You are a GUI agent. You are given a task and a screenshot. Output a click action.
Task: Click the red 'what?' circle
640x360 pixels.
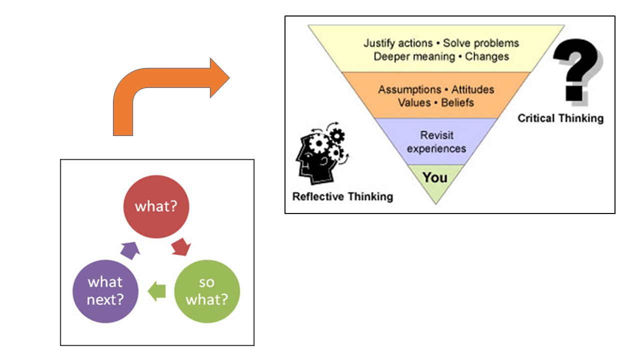[x=156, y=206]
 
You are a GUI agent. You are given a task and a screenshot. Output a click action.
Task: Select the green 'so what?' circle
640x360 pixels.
[x=206, y=291]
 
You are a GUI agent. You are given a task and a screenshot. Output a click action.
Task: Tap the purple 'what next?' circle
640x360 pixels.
[x=105, y=291]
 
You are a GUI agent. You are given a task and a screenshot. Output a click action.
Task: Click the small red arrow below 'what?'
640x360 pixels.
[x=181, y=247]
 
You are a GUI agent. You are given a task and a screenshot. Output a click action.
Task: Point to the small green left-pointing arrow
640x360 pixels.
[x=157, y=291]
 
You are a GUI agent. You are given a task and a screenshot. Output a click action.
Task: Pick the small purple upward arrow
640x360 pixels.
[x=129, y=248]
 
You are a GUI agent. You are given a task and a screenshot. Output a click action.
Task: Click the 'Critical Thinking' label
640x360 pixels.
[x=560, y=118]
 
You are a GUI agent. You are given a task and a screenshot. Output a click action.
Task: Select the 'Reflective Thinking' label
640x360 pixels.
[x=342, y=196]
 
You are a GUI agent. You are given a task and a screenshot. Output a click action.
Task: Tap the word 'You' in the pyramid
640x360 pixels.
[x=435, y=177]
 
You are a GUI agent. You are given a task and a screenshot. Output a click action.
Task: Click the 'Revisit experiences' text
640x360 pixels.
[x=436, y=142]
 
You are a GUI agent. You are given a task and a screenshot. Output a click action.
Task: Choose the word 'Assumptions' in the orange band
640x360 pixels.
[x=409, y=90]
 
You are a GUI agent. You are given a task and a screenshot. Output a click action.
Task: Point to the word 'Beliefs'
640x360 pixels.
[x=457, y=103]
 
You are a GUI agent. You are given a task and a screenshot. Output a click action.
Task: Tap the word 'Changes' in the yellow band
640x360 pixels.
[x=487, y=56]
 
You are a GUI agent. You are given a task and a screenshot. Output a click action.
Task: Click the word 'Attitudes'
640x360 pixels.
[x=472, y=90]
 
